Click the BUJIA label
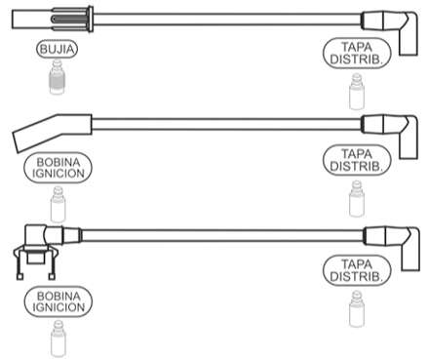58,49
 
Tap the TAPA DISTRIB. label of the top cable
356,54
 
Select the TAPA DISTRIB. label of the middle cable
356,160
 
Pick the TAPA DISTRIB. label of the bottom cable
356,270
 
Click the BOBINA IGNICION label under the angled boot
58,168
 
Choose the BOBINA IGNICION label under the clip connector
58,301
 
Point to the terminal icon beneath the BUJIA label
58,77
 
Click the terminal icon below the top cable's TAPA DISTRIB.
357,92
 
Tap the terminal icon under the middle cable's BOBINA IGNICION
58,204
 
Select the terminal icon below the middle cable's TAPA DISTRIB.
357,199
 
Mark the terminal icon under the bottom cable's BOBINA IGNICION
58,339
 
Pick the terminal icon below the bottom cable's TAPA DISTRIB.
357,309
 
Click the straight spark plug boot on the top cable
53,20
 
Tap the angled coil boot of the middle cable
52,133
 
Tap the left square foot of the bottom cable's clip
19,277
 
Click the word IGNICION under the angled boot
58,174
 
